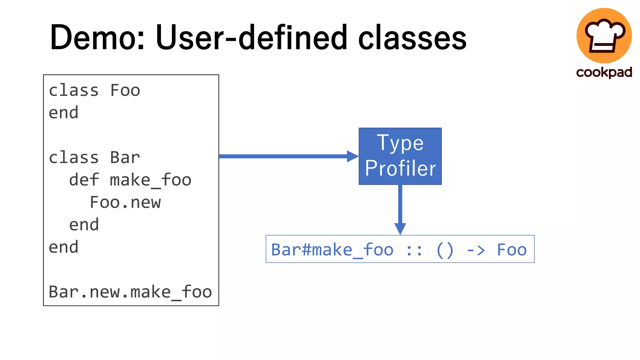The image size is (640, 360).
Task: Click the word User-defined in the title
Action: (x=251, y=38)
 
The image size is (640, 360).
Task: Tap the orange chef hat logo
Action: (x=604, y=35)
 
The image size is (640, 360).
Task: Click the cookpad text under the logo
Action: (x=604, y=72)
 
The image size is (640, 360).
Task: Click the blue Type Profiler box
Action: (x=400, y=156)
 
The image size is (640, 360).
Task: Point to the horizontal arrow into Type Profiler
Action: (x=287, y=156)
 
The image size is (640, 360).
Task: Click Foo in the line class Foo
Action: (x=125, y=91)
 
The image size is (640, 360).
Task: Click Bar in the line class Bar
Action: (x=125, y=157)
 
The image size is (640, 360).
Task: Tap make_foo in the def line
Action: (x=151, y=180)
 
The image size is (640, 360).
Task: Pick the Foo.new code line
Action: (x=125, y=202)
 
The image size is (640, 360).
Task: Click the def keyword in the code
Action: (x=84, y=180)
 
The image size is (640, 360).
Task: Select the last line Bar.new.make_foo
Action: (x=130, y=292)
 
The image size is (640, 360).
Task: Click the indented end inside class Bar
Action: (x=84, y=225)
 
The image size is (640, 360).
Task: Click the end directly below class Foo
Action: (x=63, y=113)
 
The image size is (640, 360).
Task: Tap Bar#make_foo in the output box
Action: (x=332, y=250)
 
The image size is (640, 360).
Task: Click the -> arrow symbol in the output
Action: (x=476, y=250)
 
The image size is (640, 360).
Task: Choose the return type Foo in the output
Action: (x=512, y=250)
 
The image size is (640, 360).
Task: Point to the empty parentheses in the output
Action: (x=444, y=250)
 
